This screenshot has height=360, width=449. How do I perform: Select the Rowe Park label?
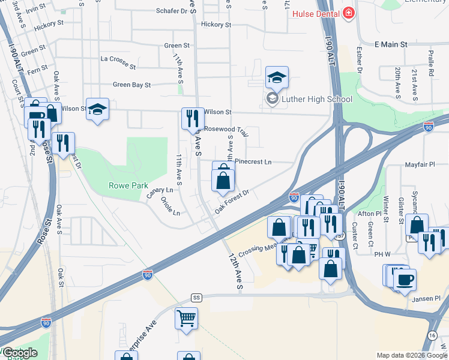click(x=124, y=185)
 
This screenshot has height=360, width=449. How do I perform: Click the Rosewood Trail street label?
click(x=226, y=129)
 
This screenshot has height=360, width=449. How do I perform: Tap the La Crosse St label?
click(x=118, y=59)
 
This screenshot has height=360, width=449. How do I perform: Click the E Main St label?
click(x=390, y=44)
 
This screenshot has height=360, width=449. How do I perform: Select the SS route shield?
click(x=196, y=298)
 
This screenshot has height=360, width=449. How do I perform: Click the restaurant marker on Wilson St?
click(x=191, y=117)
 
